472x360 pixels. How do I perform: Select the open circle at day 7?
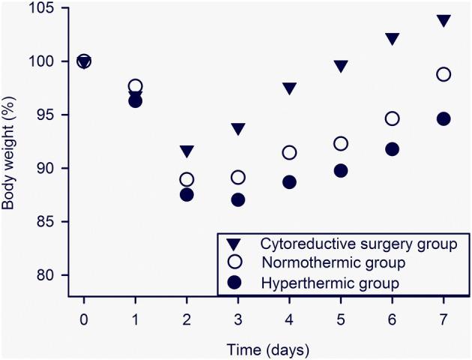tap(444, 74)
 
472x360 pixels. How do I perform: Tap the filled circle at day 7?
tap(444, 118)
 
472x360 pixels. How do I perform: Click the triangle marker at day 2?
tap(187, 151)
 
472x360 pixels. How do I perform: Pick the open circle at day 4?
tap(289, 152)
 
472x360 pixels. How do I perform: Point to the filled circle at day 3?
tap(238, 200)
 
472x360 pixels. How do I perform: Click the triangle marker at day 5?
tap(341, 66)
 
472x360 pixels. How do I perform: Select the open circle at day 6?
tap(392, 118)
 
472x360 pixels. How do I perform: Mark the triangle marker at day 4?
tap(289, 88)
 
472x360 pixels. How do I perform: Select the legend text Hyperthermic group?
tap(331, 283)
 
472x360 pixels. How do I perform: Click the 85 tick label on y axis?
tap(53, 222)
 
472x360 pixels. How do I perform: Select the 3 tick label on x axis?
tap(238, 316)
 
